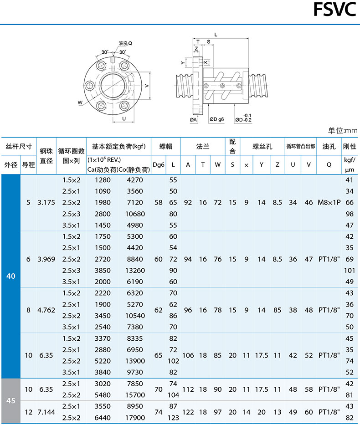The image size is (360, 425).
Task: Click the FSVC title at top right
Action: click(x=334, y=10)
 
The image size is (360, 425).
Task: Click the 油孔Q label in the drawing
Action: click(x=125, y=43)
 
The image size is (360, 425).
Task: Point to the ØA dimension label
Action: click(x=194, y=119)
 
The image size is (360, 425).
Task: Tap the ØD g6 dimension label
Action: click(x=216, y=119)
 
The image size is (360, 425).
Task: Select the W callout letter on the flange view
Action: click(x=80, y=102)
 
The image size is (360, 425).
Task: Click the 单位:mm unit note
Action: click(x=343, y=131)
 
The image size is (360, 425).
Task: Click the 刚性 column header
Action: click(x=350, y=147)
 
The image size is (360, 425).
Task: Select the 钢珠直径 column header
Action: click(x=46, y=156)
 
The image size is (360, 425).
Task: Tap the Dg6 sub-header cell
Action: click(x=159, y=165)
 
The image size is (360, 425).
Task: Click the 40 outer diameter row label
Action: click(x=11, y=276)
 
